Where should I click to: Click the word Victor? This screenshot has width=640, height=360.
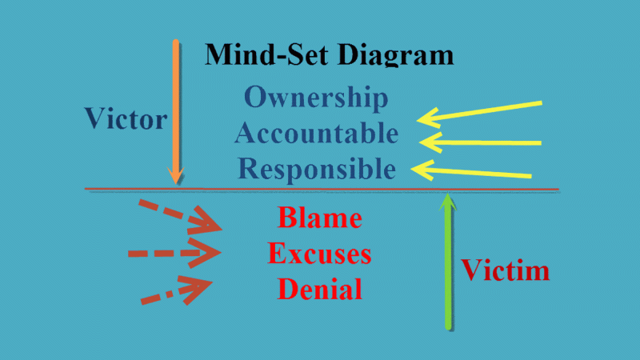point(126,120)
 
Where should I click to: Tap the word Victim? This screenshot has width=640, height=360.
point(505,270)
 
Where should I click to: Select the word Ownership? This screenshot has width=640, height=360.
point(316,98)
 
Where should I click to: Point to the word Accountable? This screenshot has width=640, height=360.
point(316,133)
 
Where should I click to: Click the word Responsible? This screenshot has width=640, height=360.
point(318,168)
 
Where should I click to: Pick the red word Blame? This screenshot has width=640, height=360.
point(319,218)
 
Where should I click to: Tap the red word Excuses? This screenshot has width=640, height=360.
point(319,254)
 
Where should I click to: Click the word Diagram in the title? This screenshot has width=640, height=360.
point(397,54)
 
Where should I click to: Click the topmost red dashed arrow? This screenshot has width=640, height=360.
point(179,214)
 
